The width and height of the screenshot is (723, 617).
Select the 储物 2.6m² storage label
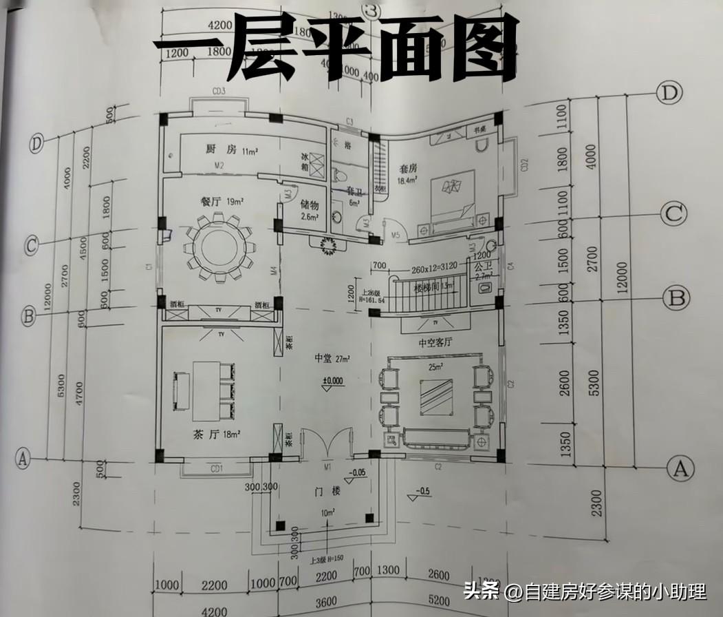311,209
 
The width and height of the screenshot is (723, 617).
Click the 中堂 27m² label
332,359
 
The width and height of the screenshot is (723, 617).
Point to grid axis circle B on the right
676,297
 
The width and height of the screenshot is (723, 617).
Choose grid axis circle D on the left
37,144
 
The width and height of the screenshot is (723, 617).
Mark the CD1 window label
217,469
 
